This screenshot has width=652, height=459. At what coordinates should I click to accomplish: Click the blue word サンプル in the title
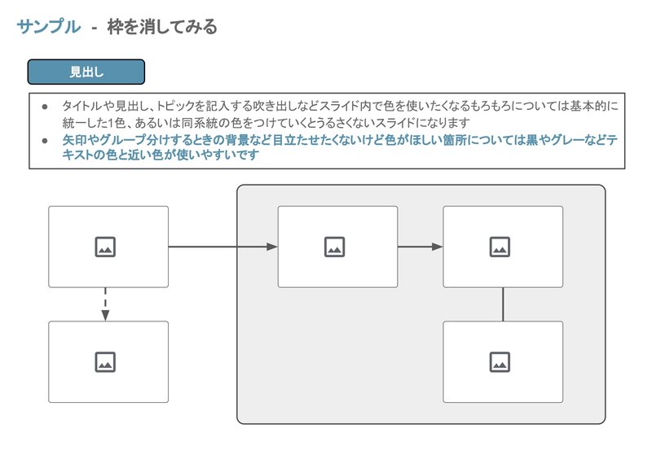[49, 27]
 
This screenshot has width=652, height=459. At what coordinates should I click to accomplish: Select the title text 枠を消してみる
[162, 27]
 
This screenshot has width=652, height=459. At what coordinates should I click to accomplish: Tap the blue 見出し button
[86, 72]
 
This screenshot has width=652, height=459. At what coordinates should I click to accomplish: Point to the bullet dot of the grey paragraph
[45, 107]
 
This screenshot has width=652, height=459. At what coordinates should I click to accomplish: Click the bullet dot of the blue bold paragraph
[45, 141]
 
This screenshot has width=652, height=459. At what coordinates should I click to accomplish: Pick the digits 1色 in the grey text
[117, 123]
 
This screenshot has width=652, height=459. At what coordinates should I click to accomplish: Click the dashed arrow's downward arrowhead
[105, 315]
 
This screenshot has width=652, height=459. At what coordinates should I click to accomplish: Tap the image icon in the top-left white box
[105, 247]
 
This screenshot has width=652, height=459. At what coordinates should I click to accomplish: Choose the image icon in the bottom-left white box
[105, 362]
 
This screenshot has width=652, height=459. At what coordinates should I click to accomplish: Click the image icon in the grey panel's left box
[334, 247]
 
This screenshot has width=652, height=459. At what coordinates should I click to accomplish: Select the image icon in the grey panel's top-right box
[500, 247]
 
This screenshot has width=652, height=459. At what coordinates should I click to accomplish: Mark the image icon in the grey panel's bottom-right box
[500, 362]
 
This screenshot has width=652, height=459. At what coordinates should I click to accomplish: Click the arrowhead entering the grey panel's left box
[272, 247]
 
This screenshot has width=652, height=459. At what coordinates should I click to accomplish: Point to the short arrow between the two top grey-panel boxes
[421, 247]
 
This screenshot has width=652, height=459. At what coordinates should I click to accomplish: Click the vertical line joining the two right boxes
[503, 304]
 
